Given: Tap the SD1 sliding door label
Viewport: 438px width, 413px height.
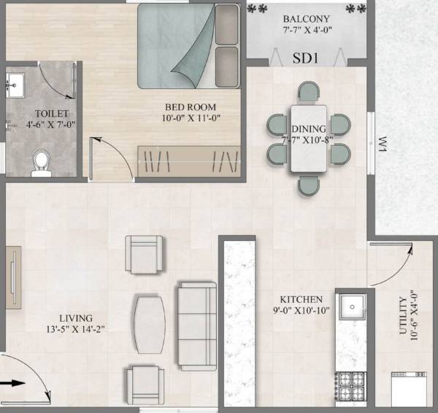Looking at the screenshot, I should (x=305, y=55).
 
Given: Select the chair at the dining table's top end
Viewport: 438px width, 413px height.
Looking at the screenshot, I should (x=309, y=93).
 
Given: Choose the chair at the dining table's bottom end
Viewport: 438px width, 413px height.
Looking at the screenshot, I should (x=309, y=185).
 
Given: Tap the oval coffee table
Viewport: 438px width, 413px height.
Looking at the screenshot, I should (x=150, y=323).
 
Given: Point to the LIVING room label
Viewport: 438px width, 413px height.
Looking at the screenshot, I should (x=76, y=318).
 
